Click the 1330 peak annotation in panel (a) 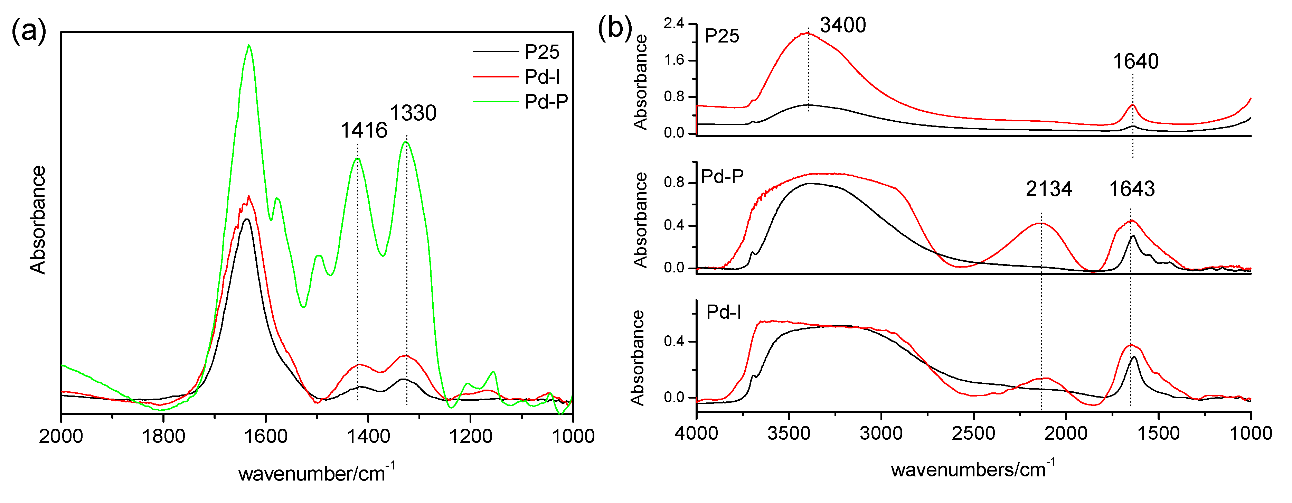tap(413, 113)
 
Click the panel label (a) tap(29, 31)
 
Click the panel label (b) tap(614, 28)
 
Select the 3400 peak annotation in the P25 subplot tap(842, 25)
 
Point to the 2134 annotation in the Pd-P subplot tap(1048, 189)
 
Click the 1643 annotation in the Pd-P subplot tap(1132, 189)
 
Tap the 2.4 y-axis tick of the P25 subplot tap(673, 24)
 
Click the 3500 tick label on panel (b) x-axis tap(789, 433)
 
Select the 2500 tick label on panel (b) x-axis tap(973, 433)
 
